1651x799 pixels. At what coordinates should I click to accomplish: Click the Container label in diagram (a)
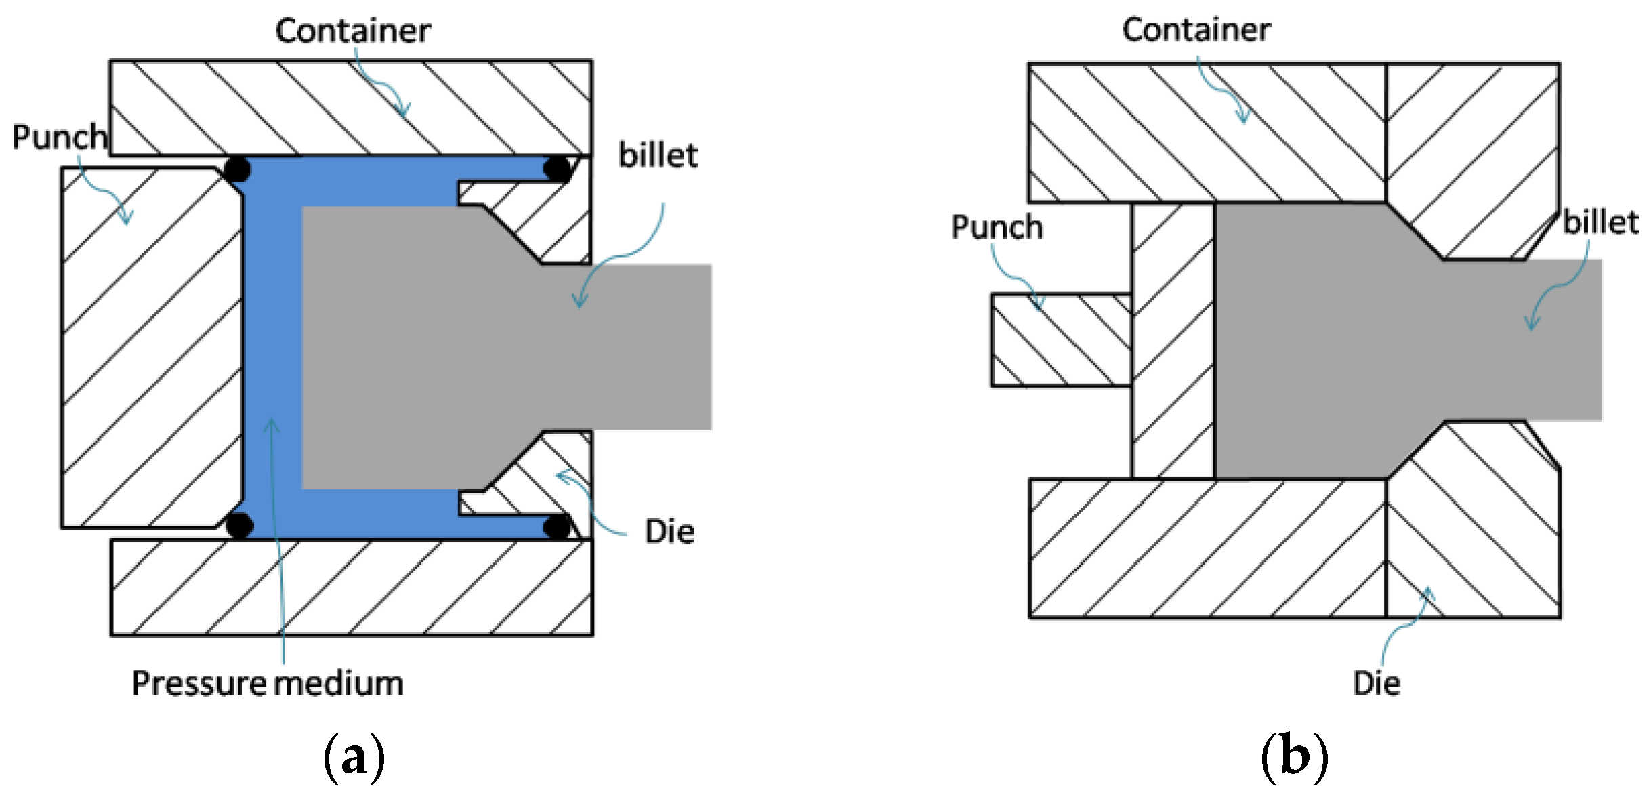click(x=352, y=31)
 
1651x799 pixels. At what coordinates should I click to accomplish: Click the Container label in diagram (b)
click(x=1196, y=30)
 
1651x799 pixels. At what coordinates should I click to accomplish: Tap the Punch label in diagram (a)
click(x=60, y=137)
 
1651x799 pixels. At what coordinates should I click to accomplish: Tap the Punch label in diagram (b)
click(x=997, y=227)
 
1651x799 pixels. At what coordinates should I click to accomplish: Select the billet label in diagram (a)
click(x=658, y=156)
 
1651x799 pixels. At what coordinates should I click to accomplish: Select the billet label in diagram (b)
click(x=1600, y=223)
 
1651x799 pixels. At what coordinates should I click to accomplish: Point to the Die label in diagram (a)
click(x=669, y=532)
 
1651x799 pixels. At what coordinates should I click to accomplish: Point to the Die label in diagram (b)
click(x=1377, y=683)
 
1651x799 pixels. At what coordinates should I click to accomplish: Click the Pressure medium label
click(x=268, y=683)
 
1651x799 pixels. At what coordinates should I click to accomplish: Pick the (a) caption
click(x=354, y=756)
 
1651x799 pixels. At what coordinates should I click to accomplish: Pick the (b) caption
click(x=1294, y=756)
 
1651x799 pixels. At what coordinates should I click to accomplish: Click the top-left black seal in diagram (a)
click(x=236, y=169)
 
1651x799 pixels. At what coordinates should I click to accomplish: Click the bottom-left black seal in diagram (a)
click(x=238, y=525)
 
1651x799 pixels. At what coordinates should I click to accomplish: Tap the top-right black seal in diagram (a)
click(x=557, y=169)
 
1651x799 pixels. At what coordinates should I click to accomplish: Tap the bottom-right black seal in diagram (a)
click(x=557, y=527)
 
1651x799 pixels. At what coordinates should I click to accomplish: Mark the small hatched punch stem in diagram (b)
click(x=1061, y=340)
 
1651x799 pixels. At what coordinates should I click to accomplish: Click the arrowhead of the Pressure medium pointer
click(x=272, y=424)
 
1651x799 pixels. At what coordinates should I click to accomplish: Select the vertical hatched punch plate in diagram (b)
click(x=1173, y=340)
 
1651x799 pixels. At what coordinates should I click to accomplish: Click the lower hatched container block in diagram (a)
click(x=352, y=587)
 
